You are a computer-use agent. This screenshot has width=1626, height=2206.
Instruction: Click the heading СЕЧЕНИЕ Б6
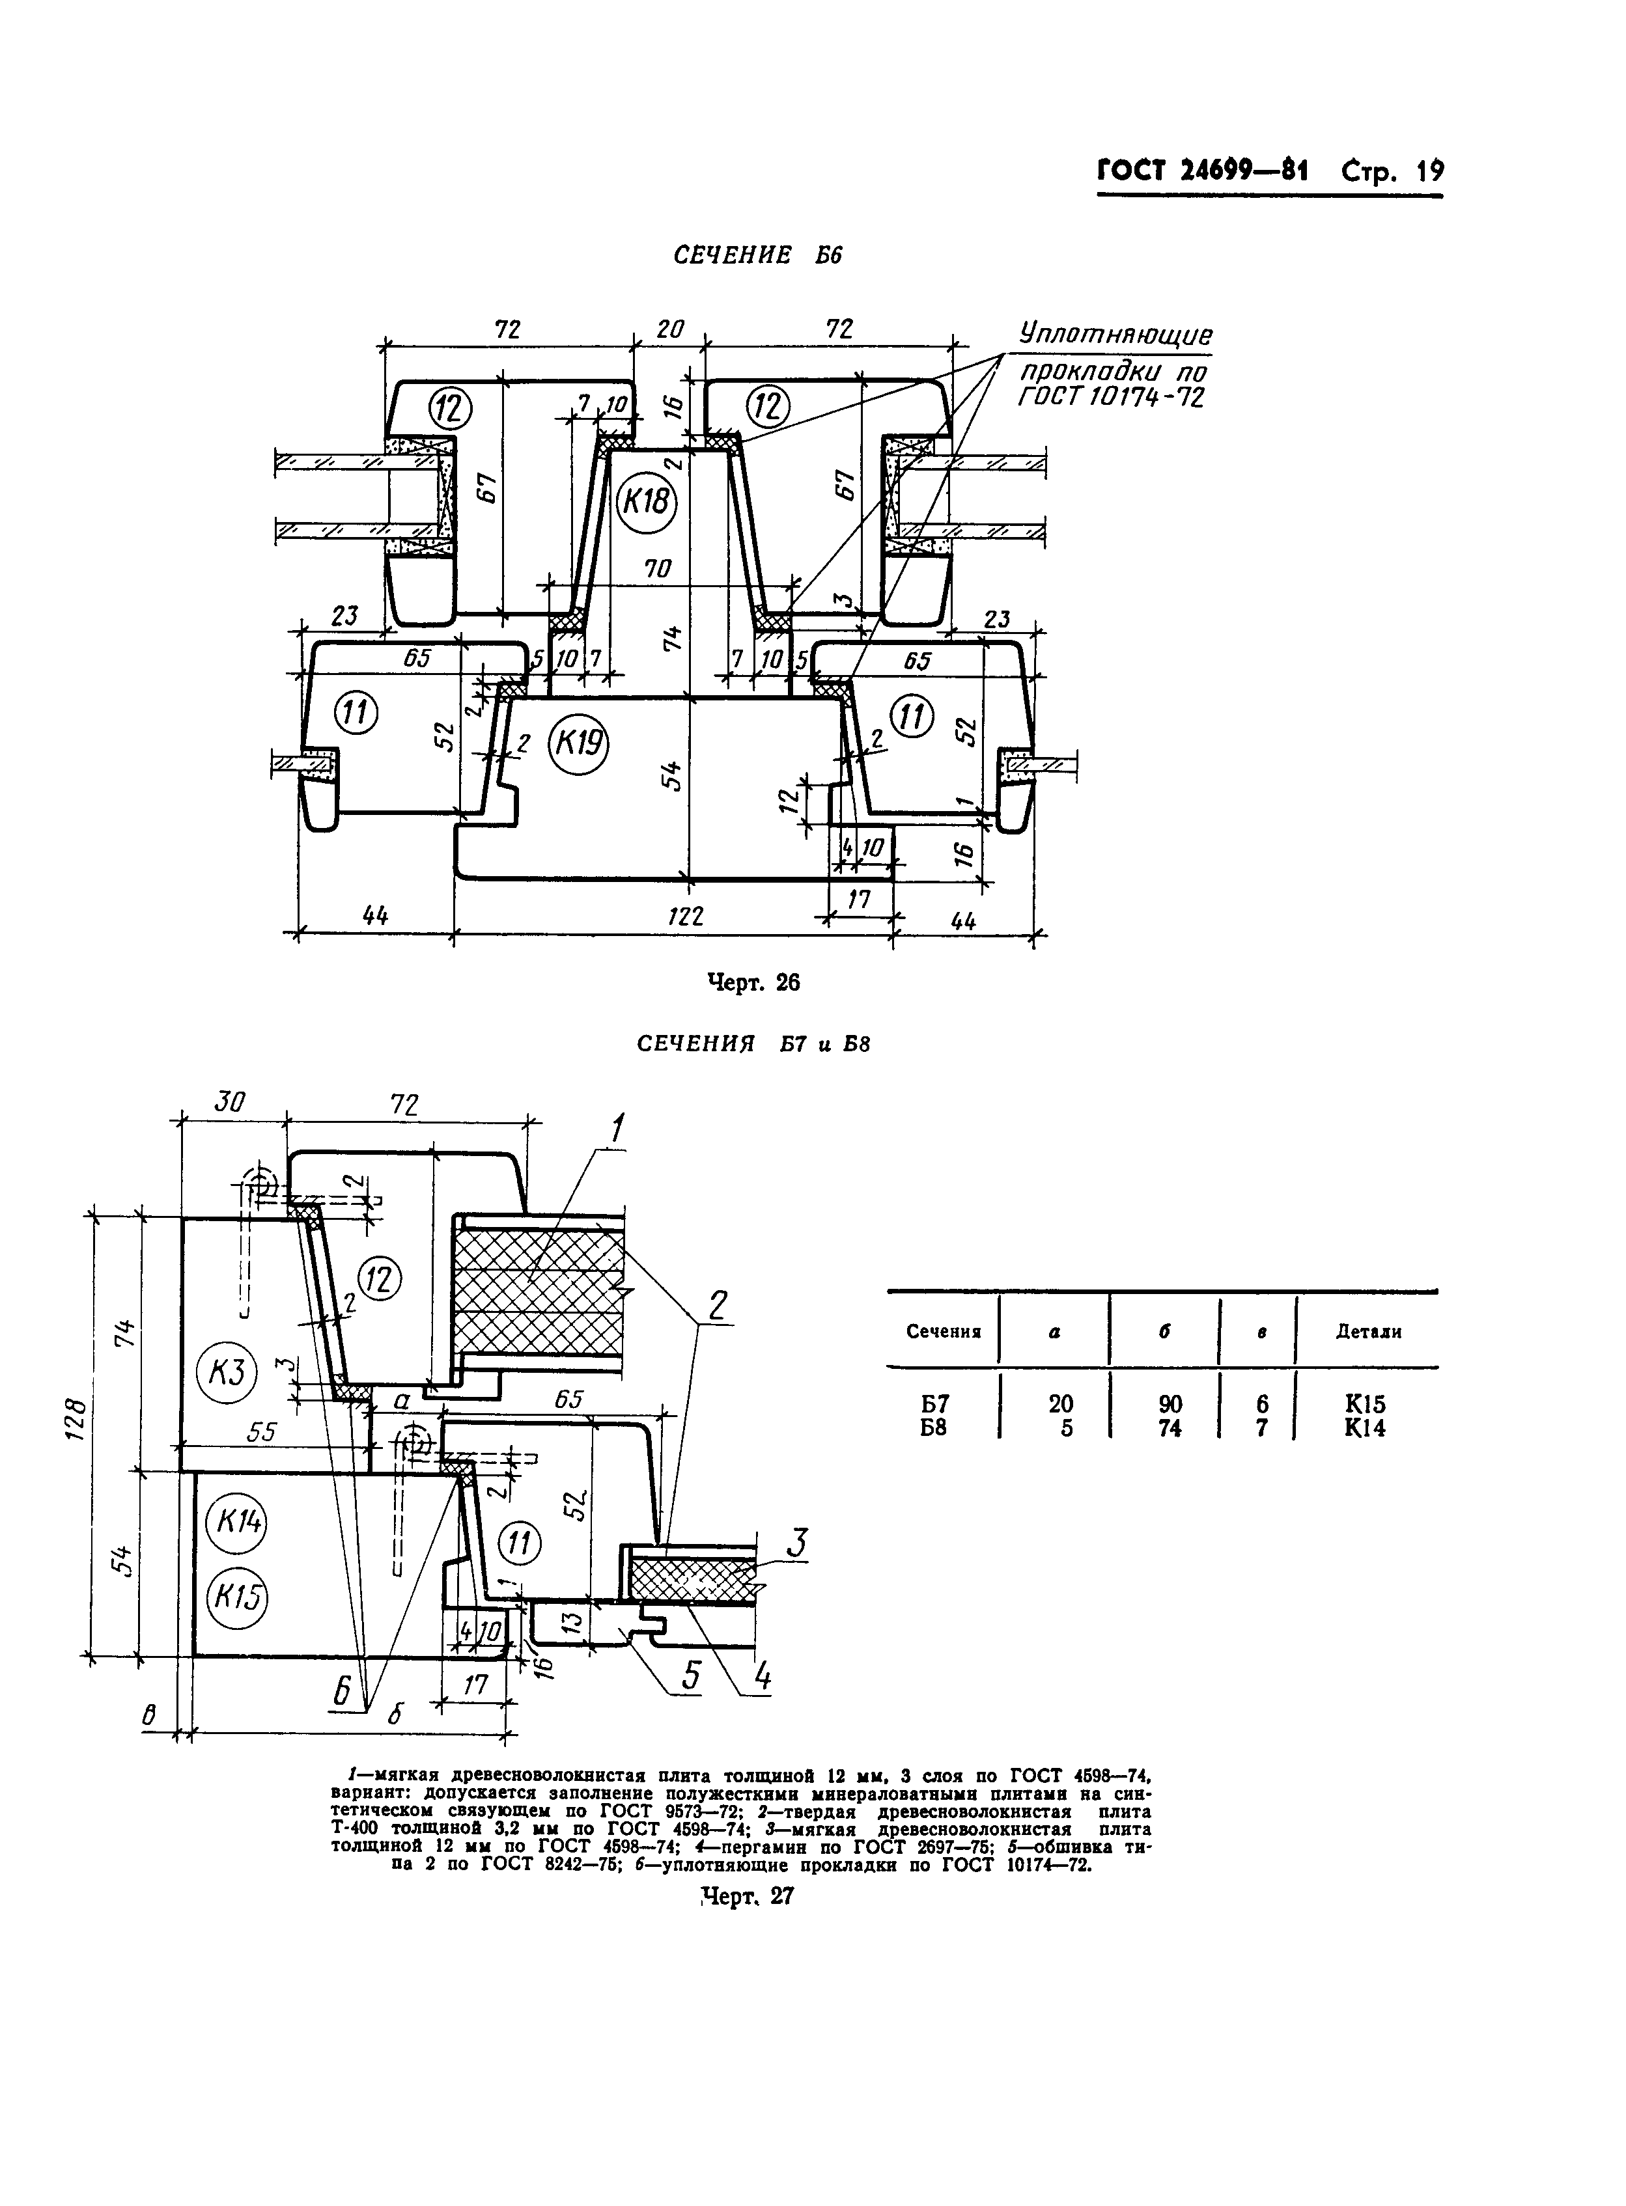point(758,256)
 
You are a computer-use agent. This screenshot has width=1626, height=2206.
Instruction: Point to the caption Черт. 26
point(755,983)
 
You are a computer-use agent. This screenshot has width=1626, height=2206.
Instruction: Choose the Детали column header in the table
point(1368,1332)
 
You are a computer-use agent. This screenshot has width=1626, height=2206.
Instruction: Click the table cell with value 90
point(1170,1404)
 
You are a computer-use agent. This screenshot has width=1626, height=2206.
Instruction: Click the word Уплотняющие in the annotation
point(1115,335)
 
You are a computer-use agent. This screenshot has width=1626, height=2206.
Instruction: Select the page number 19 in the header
point(1429,172)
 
